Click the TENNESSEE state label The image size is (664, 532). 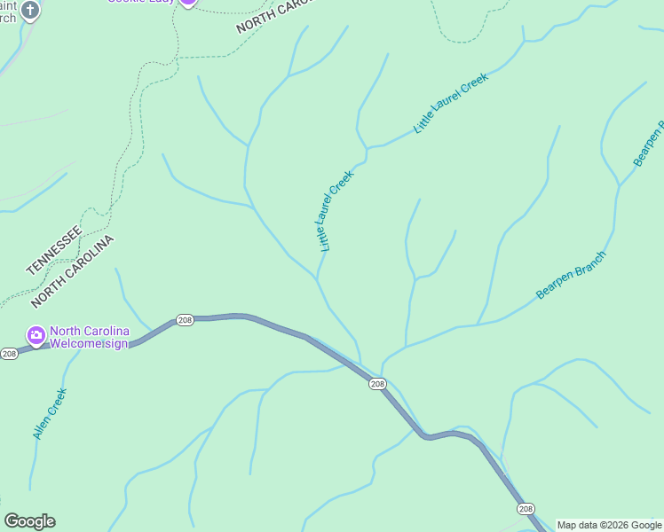tap(54, 250)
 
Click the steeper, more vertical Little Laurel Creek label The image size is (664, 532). tap(336, 210)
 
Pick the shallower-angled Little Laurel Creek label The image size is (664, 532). tap(452, 103)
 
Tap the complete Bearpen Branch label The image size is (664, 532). tap(571, 276)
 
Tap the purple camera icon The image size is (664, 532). tap(36, 335)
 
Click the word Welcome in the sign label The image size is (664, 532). tap(75, 344)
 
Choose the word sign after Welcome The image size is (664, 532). tap(116, 344)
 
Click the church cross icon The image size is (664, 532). tap(30, 10)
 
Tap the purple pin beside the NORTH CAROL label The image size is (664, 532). tap(188, 2)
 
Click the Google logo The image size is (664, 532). tap(29, 521)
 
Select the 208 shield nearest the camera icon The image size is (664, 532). tap(9, 354)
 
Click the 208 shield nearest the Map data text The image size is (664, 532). tap(526, 508)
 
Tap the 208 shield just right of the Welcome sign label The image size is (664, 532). tap(184, 320)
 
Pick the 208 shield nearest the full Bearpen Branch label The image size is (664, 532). tap(377, 383)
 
